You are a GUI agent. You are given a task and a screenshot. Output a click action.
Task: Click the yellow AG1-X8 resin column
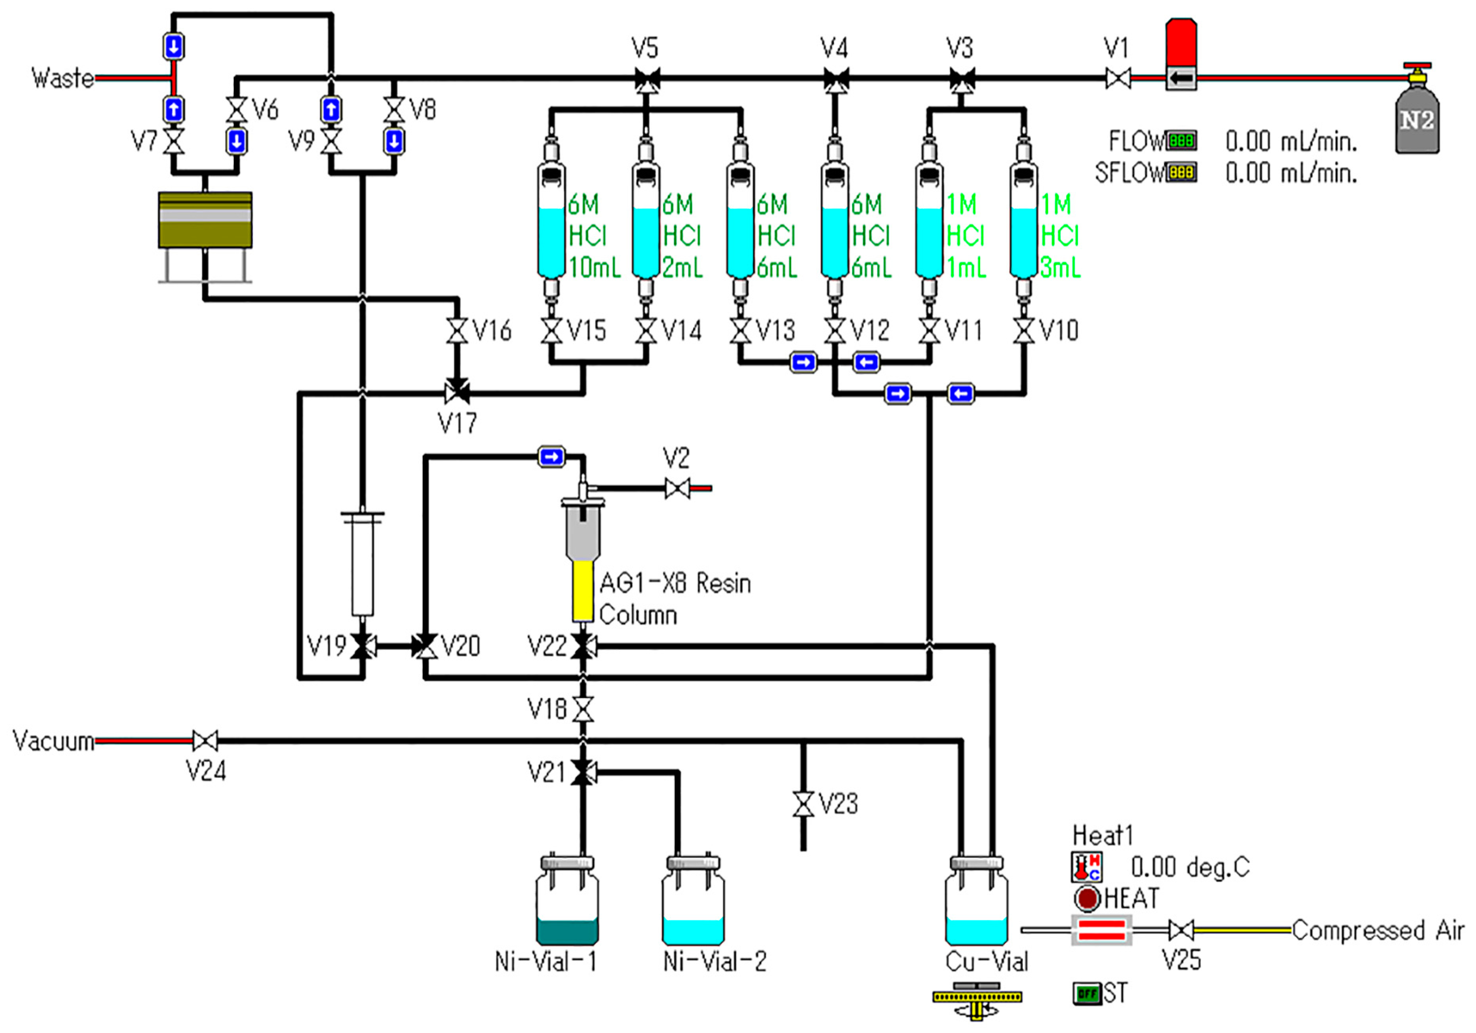pyautogui.click(x=583, y=590)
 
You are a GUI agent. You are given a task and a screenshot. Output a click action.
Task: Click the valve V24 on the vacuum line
pyautogui.click(x=205, y=741)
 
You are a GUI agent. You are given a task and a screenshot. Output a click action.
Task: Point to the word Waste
pyautogui.click(x=62, y=78)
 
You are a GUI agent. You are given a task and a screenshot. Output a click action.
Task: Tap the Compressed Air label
pyautogui.click(x=1378, y=930)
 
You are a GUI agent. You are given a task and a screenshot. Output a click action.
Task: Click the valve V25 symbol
pyautogui.click(x=1181, y=930)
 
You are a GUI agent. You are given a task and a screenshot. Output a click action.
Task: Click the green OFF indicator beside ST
pyautogui.click(x=1086, y=993)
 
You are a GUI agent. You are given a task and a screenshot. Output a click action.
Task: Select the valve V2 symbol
pyautogui.click(x=677, y=488)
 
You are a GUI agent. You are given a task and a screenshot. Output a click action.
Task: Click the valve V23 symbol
pyautogui.click(x=803, y=804)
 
